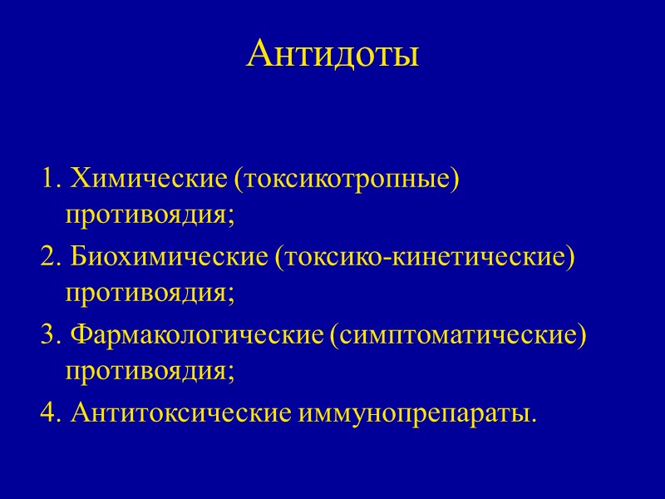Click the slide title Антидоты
click(x=332, y=56)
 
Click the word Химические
click(x=149, y=179)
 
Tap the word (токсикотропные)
click(x=347, y=179)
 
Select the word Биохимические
click(x=169, y=257)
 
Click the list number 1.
click(x=47, y=179)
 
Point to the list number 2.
click(x=47, y=257)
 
